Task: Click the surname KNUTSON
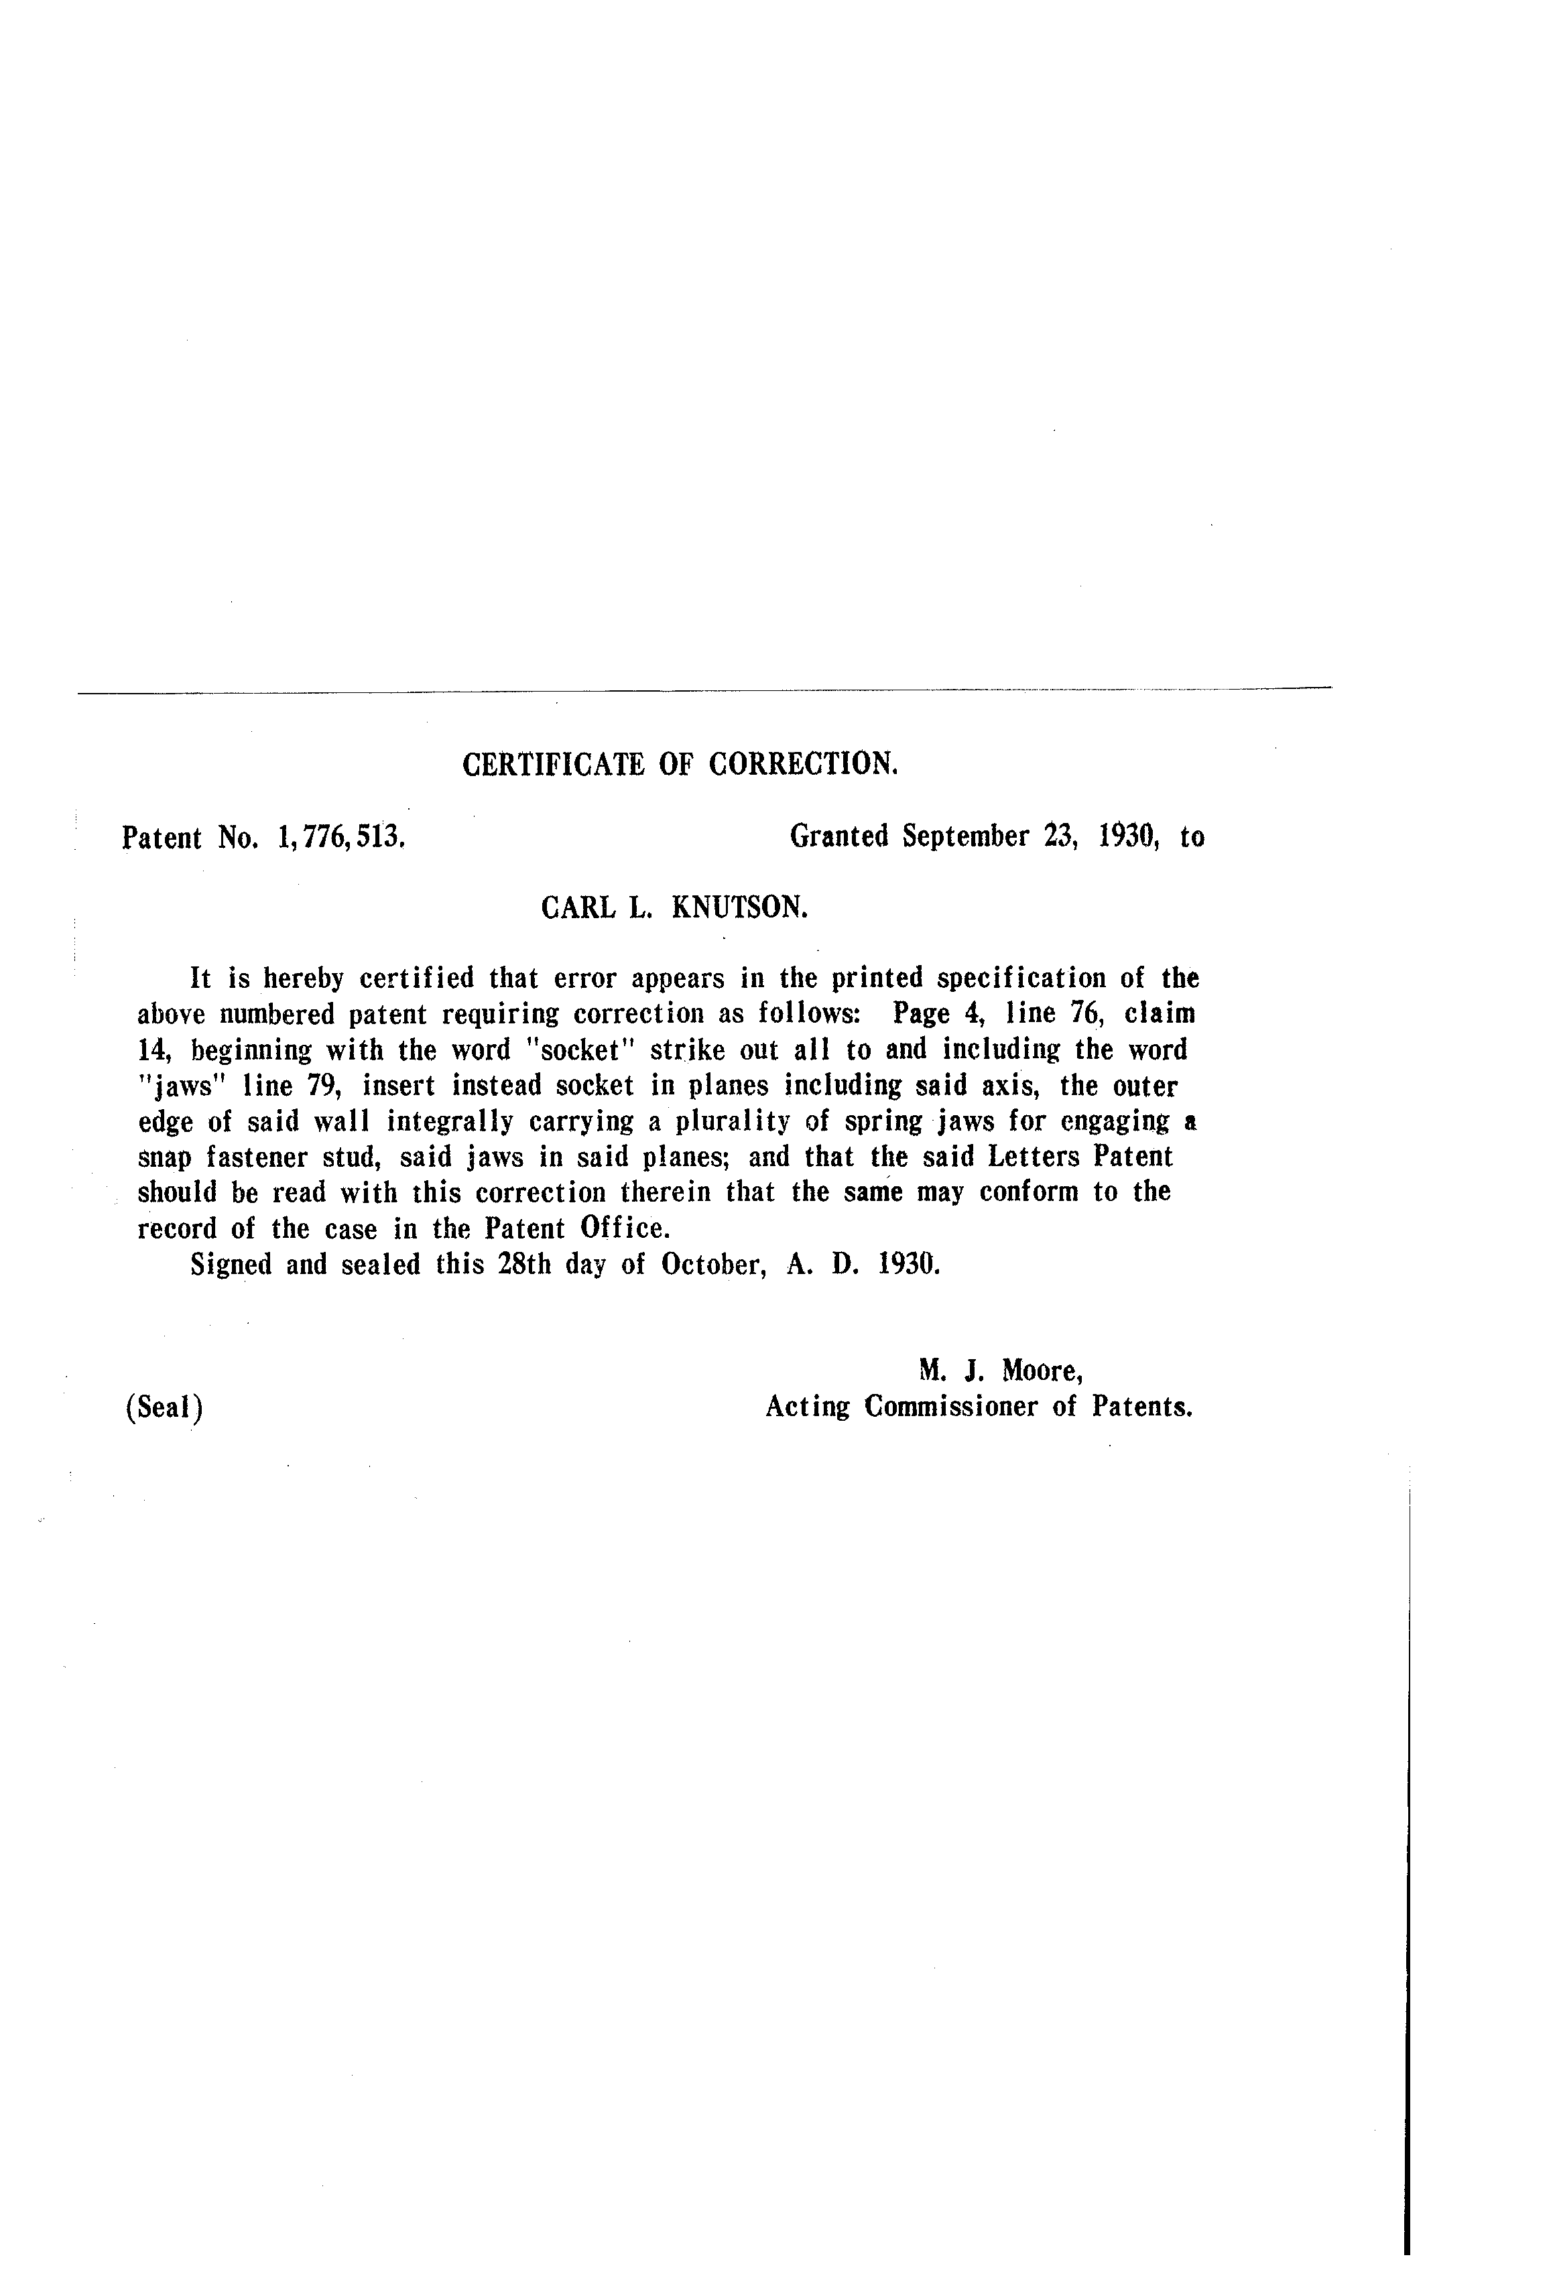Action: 739,907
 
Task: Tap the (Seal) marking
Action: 164,1408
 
